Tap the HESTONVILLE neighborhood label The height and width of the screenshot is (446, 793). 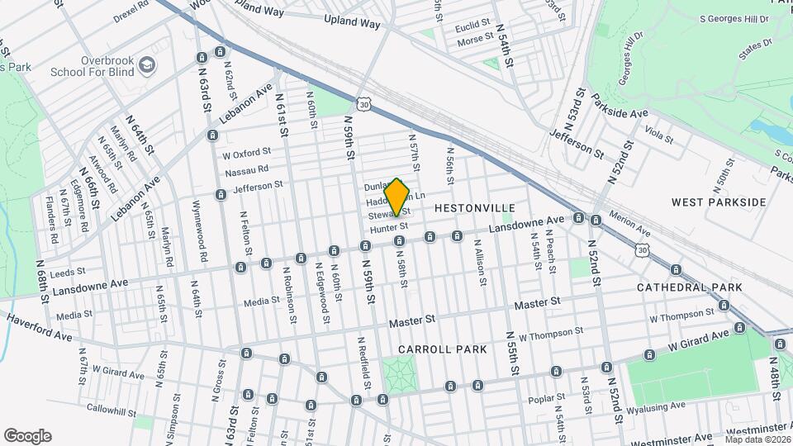click(474, 207)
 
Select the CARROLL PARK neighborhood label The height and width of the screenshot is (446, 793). click(442, 349)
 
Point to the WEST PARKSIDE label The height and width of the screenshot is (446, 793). click(719, 202)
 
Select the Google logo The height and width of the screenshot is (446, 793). click(27, 435)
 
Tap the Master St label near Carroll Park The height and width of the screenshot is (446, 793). click(412, 320)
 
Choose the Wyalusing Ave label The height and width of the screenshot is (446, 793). click(656, 407)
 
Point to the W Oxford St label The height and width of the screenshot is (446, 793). click(247, 153)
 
